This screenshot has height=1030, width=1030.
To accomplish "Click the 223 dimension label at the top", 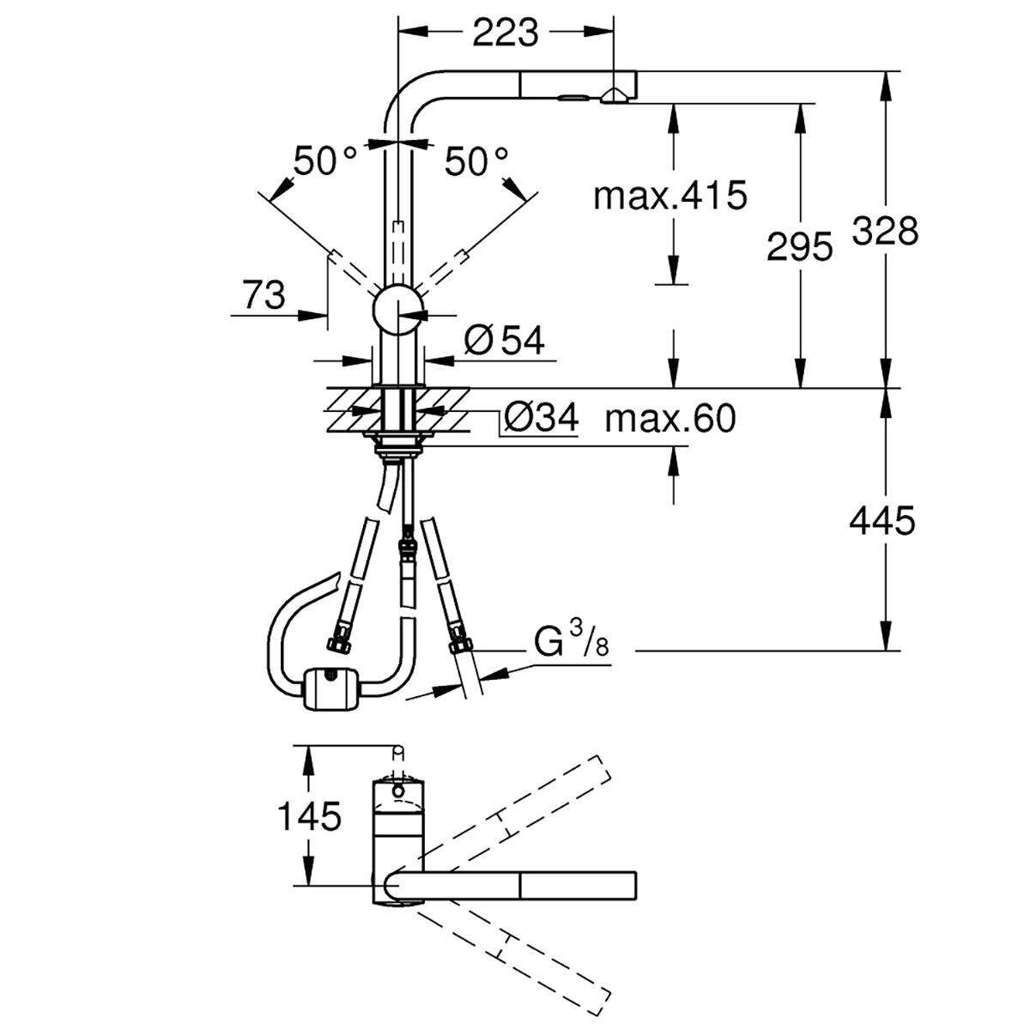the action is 505,33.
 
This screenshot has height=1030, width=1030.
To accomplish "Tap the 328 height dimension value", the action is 885,231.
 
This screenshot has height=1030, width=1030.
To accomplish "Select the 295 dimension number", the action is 799,247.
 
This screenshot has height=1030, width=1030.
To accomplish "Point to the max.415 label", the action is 670,196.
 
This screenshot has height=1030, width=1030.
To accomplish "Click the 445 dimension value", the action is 882,521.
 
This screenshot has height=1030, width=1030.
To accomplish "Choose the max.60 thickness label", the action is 670,418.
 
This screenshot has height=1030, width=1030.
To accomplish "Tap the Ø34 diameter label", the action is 541,418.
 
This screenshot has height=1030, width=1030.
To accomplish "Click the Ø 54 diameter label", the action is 504,341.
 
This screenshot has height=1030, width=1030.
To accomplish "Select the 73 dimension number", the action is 264,295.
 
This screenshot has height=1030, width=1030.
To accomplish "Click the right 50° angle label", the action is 476,161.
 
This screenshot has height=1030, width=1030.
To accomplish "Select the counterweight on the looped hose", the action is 332,688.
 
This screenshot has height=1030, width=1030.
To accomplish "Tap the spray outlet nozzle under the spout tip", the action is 615,96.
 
